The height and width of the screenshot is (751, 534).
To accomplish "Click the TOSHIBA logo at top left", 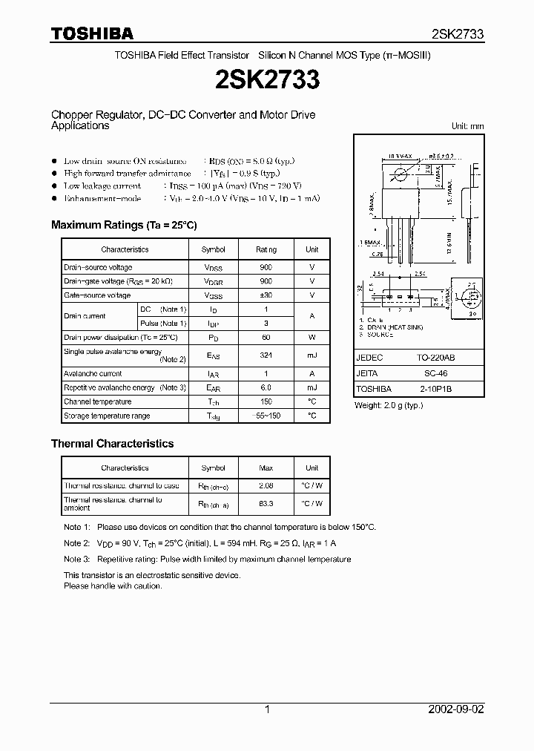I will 92,33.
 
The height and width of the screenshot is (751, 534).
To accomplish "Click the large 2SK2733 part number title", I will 267,80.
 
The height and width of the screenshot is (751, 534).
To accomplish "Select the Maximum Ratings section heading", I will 124,225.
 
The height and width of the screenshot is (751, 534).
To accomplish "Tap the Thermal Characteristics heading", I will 112,444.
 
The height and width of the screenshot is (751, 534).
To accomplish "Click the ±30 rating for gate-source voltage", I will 266,295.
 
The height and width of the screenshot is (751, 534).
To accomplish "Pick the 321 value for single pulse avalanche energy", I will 266,356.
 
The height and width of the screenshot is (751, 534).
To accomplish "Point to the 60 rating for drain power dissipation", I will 266,338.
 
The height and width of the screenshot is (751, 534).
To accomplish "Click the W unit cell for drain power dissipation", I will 311,338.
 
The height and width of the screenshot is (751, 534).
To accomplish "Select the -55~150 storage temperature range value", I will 266,416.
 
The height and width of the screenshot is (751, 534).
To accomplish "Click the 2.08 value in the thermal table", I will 266,486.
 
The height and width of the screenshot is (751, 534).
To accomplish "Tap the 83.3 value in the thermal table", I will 266,504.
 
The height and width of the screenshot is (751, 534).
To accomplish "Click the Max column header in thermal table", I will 266,468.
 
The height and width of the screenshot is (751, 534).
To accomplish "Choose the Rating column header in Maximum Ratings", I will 266,250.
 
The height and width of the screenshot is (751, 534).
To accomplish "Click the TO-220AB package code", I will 436,358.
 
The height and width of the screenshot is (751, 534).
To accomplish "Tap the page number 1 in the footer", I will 267,709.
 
